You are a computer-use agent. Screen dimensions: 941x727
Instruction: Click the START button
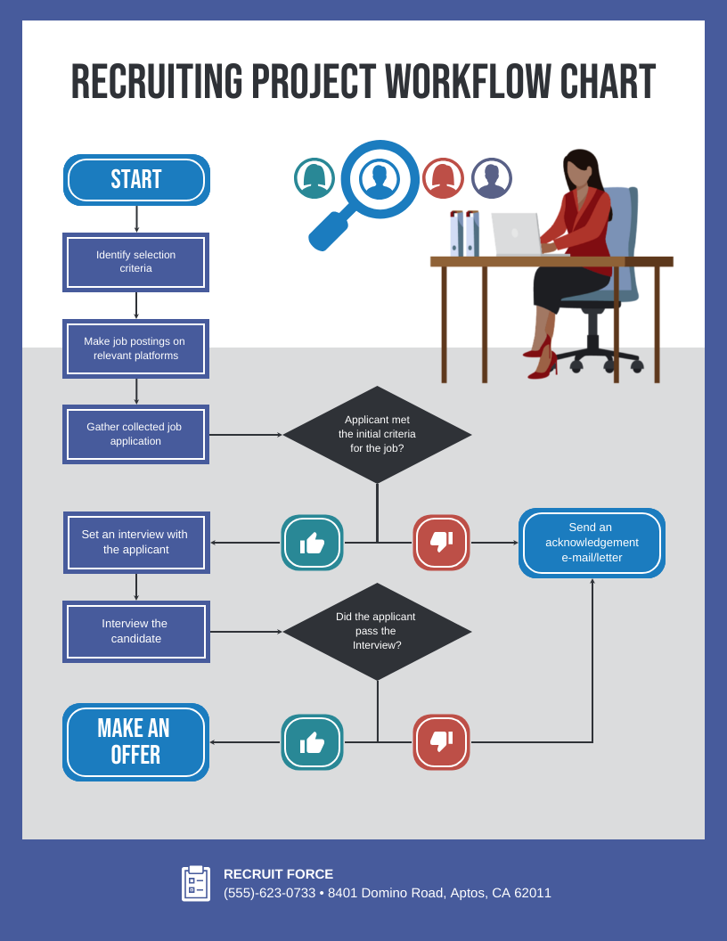click(136, 180)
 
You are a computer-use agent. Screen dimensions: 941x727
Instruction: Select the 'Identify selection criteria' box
click(135, 262)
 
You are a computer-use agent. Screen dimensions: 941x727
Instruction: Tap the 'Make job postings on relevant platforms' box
click(135, 348)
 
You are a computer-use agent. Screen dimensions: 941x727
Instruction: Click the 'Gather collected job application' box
click(135, 434)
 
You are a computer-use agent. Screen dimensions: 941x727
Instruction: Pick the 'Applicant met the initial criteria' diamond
click(377, 434)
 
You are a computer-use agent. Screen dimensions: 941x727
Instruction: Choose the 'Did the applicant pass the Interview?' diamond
click(377, 631)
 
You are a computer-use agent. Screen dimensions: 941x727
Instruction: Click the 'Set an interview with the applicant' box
click(135, 542)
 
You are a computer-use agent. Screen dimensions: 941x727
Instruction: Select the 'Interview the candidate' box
click(135, 631)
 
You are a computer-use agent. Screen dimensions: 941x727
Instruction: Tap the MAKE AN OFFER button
click(135, 741)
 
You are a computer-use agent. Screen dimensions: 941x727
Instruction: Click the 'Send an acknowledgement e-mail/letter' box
click(592, 543)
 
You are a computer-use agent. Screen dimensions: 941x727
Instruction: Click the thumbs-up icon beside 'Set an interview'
click(312, 543)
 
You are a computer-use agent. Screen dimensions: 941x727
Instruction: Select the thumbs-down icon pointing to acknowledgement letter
click(441, 543)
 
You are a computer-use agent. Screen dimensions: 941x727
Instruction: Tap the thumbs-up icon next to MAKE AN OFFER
click(312, 742)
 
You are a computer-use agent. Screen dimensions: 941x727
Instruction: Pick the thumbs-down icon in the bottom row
click(441, 742)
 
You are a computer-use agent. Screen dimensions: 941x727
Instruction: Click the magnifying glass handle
click(327, 232)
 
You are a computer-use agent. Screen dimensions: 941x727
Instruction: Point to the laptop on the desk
click(517, 234)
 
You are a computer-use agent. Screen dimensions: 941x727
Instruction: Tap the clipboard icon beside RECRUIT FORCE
click(196, 883)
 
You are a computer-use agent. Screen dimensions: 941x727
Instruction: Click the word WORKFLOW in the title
click(467, 82)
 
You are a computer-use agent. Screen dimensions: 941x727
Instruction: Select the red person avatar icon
click(443, 178)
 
